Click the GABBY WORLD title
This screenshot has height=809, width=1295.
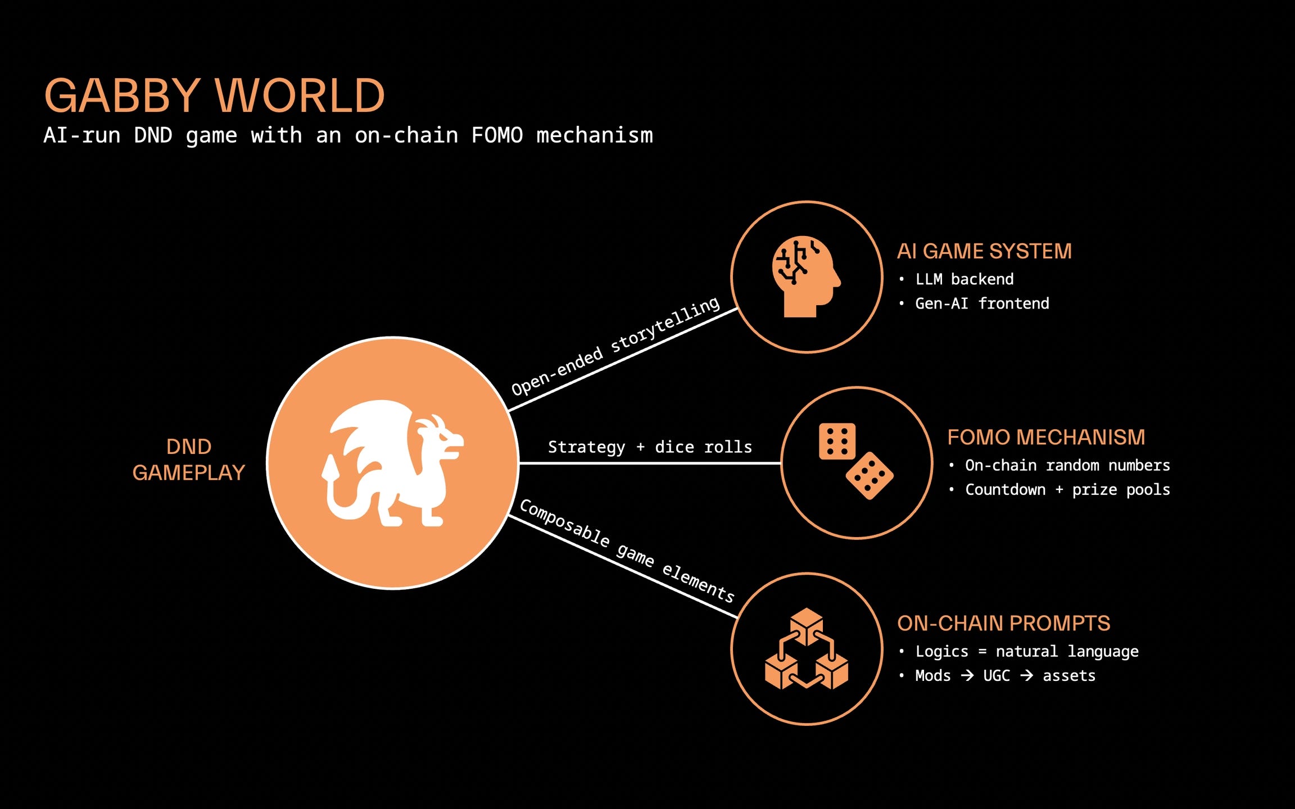[215, 96]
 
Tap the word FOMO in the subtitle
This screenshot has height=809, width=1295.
[497, 136]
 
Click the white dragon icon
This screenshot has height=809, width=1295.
[393, 463]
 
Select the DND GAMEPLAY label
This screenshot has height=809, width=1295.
[189, 460]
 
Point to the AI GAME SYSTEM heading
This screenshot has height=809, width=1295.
[984, 251]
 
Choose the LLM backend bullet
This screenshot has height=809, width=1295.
[965, 279]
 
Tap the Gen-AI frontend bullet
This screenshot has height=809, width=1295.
[982, 303]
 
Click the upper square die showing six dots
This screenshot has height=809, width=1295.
[837, 442]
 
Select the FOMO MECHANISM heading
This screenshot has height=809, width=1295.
[1046, 437]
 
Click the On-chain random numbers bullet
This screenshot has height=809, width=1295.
[1067, 466]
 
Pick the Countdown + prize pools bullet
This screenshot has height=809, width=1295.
[1067, 490]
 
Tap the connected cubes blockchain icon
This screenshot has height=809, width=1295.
[807, 649]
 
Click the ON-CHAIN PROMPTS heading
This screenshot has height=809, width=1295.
[1003, 624]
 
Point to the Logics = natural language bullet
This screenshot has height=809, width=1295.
[1027, 652]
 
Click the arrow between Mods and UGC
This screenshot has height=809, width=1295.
[967, 675]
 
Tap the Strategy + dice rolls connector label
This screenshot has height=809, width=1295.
[650, 447]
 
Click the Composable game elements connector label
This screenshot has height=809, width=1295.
[627, 551]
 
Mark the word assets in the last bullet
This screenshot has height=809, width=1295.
[1069, 676]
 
